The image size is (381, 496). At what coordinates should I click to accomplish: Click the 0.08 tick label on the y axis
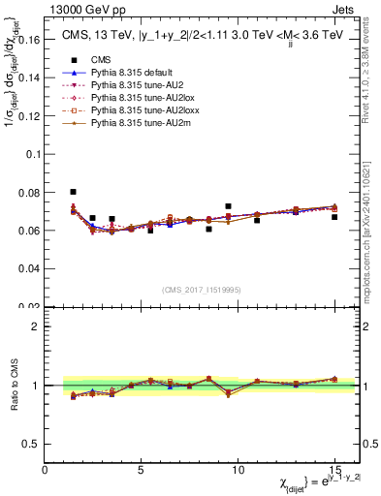click(x=27, y=193)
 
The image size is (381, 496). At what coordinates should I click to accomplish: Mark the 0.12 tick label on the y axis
click(x=27, y=117)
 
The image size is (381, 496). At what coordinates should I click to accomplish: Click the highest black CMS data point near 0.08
click(x=74, y=192)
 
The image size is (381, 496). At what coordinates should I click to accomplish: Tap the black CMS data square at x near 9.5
click(x=228, y=206)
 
